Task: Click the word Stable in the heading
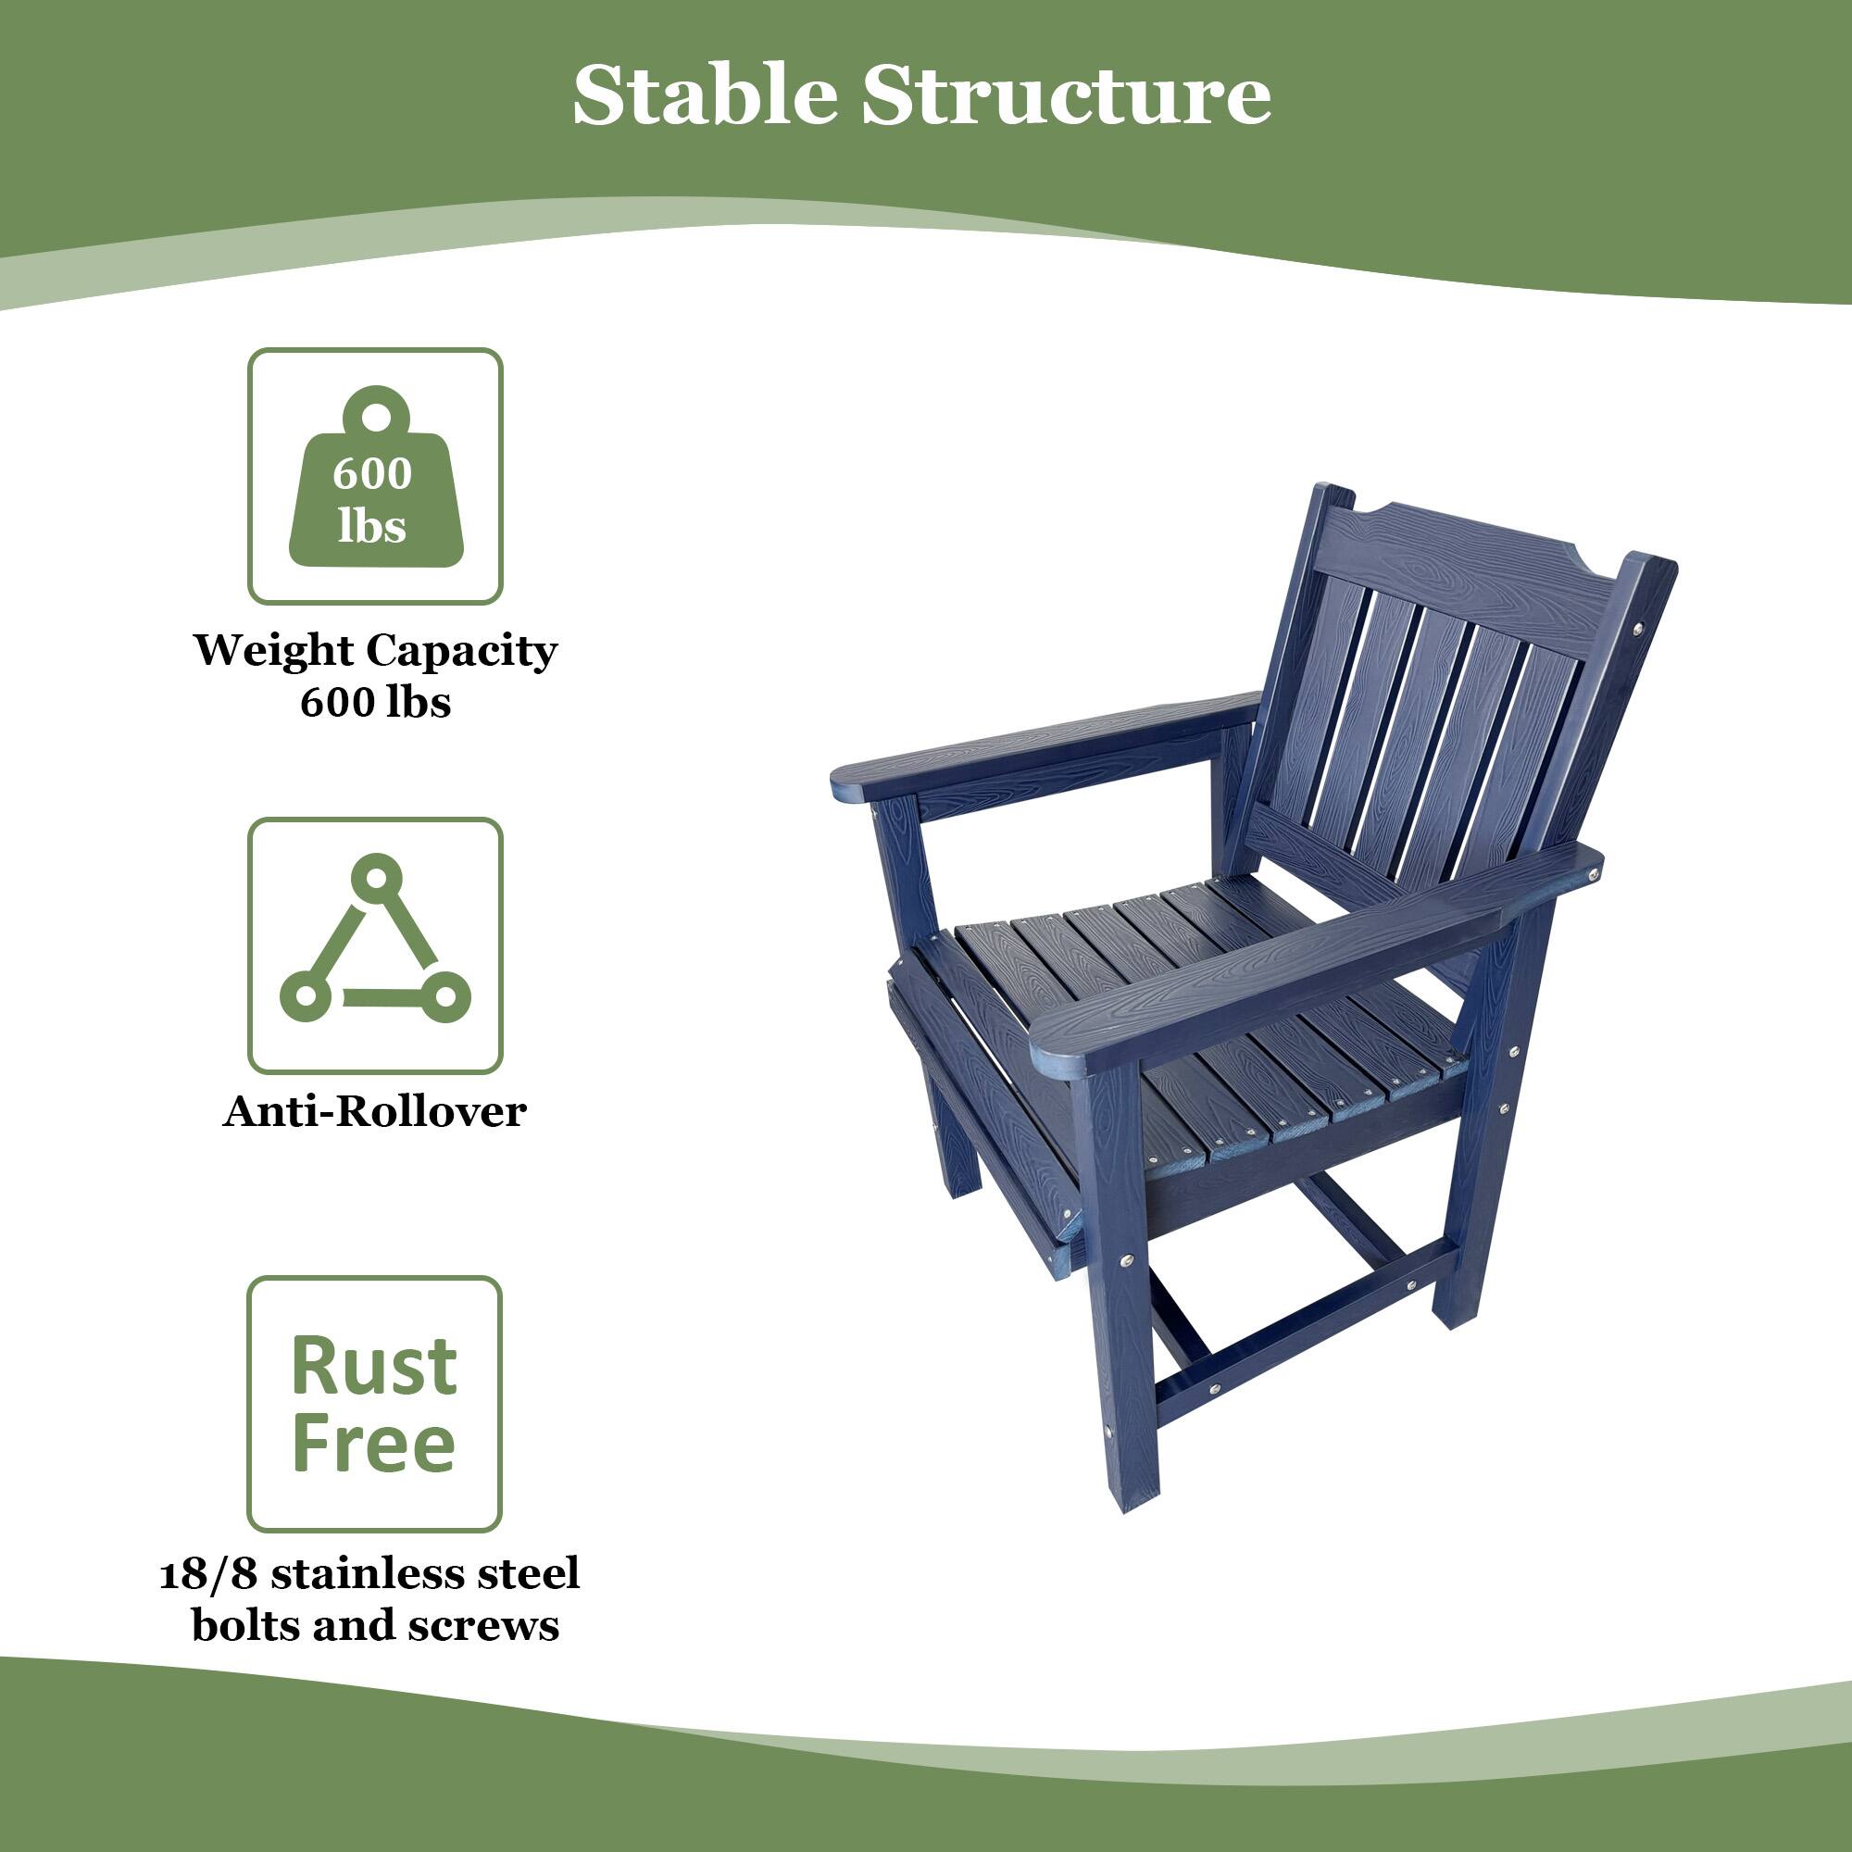click(704, 96)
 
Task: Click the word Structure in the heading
click(1066, 96)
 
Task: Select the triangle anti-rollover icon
click(375, 944)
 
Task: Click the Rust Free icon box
click(375, 1405)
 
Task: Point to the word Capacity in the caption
click(461, 652)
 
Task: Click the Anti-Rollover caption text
click(375, 1112)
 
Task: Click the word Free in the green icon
click(375, 1445)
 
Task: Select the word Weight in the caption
click(274, 652)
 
